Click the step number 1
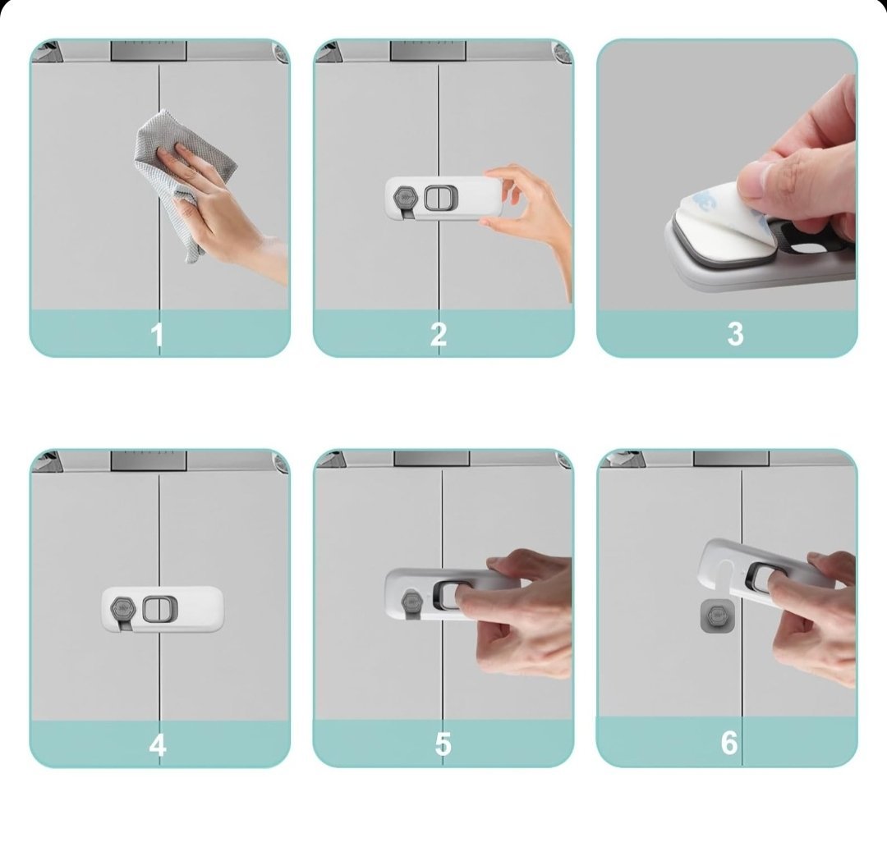[x=157, y=334]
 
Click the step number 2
[x=439, y=334]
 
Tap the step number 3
[x=735, y=334]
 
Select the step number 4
[x=158, y=744]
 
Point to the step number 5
[x=443, y=744]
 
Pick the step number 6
[x=729, y=743]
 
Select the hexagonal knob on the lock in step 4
[x=123, y=609]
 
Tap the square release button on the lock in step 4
[x=159, y=609]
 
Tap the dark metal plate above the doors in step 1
[x=149, y=50]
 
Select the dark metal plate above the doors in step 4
[x=149, y=460]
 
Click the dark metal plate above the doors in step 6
[x=731, y=458]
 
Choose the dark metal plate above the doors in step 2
[x=428, y=50]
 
